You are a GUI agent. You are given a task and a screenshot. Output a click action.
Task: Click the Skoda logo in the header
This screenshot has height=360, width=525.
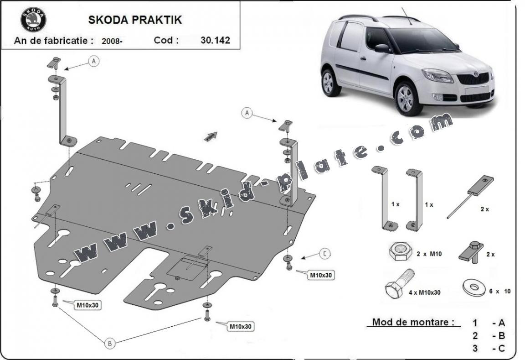point(33,20)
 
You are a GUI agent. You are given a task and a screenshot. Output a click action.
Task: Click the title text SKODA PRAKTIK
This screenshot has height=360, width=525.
point(135,20)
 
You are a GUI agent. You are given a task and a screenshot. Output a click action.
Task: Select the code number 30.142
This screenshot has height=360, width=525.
point(215,40)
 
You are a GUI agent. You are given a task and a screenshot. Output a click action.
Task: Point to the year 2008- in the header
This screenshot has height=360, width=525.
point(112,41)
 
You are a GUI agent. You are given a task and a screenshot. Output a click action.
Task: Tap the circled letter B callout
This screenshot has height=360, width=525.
point(109,343)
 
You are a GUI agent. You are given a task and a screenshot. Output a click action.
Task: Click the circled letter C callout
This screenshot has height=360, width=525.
point(324,254)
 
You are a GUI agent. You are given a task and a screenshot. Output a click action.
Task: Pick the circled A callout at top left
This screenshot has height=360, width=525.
point(94,61)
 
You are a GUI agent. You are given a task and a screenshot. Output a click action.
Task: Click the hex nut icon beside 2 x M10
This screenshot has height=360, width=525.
point(401,252)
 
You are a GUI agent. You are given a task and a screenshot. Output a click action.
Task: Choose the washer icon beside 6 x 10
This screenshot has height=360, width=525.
point(474,288)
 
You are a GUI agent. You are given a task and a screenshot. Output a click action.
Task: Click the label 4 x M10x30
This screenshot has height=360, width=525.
point(425,292)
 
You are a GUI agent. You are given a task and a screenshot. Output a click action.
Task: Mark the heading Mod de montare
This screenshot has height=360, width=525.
point(413,322)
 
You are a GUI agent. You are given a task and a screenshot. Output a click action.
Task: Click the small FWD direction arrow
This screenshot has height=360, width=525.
point(211,136)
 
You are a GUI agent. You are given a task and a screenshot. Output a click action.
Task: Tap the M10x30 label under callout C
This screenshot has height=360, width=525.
point(321,275)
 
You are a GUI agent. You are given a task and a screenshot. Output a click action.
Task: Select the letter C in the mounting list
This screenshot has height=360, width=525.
point(501,348)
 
